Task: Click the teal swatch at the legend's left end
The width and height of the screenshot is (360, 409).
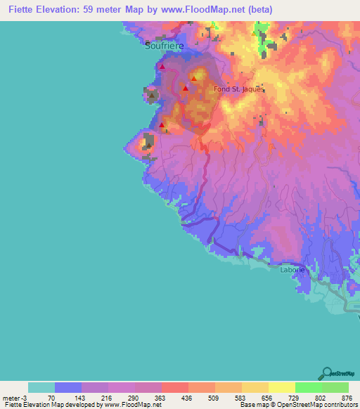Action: (x=41, y=387)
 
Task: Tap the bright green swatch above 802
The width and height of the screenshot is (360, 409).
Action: (x=308, y=387)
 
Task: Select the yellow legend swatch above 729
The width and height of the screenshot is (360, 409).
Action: (x=281, y=387)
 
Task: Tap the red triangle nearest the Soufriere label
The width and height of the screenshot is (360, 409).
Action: (x=162, y=67)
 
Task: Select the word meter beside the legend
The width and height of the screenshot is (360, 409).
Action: (x=11, y=397)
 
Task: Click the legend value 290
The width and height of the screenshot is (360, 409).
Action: (x=134, y=397)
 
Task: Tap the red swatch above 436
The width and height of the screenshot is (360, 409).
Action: (x=174, y=387)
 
